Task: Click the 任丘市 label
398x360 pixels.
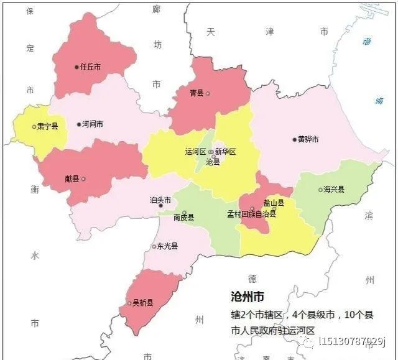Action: pyautogui.click(x=91, y=67)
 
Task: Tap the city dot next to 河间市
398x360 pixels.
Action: pyautogui.click(x=78, y=124)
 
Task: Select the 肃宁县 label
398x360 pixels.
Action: pyautogui.click(x=47, y=126)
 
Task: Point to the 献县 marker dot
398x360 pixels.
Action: pyautogui.click(x=83, y=179)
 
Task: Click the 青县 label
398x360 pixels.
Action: pyautogui.click(x=197, y=93)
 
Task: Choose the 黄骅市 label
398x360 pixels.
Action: pyautogui.click(x=308, y=139)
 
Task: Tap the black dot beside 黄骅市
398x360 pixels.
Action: pyautogui.click(x=295, y=139)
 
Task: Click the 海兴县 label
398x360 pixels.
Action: pyautogui.click(x=334, y=190)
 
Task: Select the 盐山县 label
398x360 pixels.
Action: pyautogui.click(x=274, y=203)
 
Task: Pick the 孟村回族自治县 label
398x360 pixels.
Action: pyautogui.click(x=251, y=214)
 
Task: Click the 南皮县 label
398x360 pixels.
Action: pyautogui.click(x=183, y=218)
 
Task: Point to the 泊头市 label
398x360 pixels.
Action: pyautogui.click(x=160, y=200)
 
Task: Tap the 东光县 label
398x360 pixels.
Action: pyautogui.click(x=167, y=246)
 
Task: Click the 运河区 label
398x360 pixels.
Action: pyautogui.click(x=195, y=152)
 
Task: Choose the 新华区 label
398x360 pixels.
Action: pyautogui.click(x=226, y=152)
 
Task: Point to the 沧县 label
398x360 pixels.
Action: pyautogui.click(x=213, y=162)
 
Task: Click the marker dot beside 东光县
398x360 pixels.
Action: pyautogui.click(x=154, y=247)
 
